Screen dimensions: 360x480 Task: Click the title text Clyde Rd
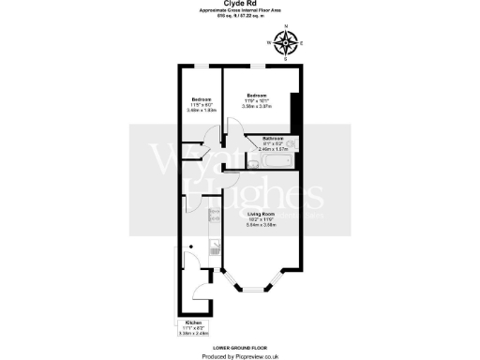(239, 4)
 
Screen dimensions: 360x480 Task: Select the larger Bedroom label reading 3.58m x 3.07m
(257, 101)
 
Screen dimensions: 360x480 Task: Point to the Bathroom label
(273, 142)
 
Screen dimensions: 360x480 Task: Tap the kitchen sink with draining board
(215, 248)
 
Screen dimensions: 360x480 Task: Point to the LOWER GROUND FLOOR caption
(239, 346)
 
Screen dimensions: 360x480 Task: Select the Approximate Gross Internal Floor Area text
(239, 13)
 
